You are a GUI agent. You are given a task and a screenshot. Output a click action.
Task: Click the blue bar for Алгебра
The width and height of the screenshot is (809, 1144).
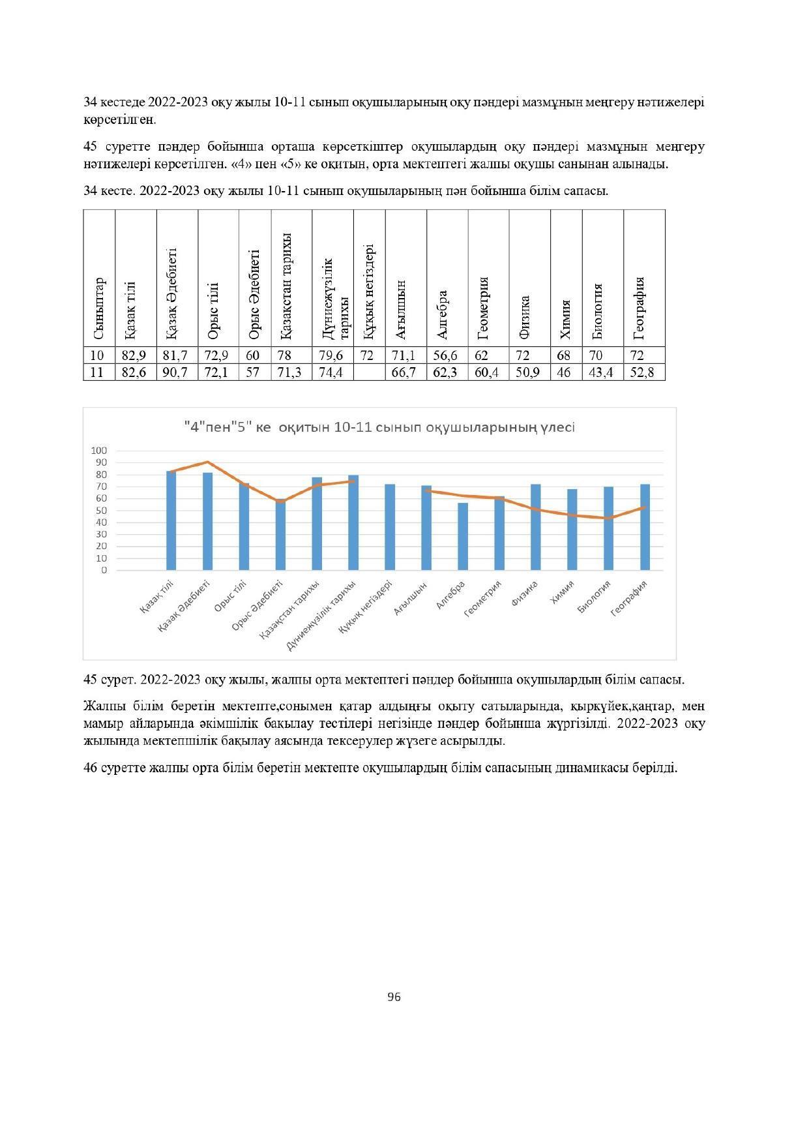point(462,536)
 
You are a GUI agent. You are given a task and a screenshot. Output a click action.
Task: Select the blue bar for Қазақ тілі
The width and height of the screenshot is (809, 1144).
point(171,520)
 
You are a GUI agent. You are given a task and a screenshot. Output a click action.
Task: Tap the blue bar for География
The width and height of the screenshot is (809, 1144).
point(645,527)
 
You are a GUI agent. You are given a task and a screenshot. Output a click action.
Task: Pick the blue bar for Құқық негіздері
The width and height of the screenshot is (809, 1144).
point(389,527)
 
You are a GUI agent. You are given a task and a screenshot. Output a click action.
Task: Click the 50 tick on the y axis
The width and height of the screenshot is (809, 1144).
point(102,511)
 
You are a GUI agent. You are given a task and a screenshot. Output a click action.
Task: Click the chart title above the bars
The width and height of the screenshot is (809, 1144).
point(379,428)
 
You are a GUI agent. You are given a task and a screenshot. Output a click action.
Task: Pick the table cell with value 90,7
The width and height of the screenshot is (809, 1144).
point(176,373)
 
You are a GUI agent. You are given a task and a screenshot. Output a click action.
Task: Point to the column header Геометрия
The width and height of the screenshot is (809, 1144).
point(484,309)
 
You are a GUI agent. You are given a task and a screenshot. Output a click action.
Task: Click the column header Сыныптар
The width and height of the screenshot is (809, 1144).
point(99,309)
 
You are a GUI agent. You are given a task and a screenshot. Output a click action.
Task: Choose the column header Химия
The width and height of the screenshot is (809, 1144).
point(566,320)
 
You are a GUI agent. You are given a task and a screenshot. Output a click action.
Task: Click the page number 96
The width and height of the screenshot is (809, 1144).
point(394,997)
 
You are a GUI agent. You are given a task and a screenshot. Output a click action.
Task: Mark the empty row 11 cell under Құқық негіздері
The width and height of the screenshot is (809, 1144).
point(369,373)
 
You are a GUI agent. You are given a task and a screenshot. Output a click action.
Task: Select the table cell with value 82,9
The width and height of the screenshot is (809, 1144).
point(134,355)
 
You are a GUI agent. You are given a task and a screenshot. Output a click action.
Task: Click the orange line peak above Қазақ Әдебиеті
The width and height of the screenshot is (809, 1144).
point(207,462)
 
